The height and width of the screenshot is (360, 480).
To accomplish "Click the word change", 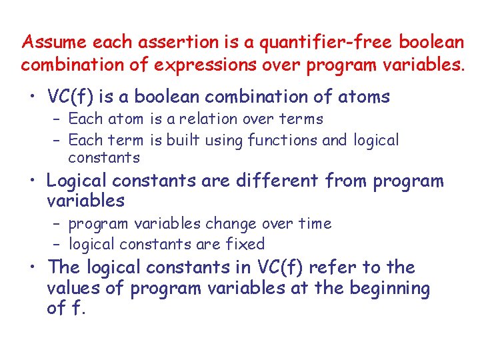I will (x=239, y=224).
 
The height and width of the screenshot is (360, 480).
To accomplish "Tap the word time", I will (x=315, y=224).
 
